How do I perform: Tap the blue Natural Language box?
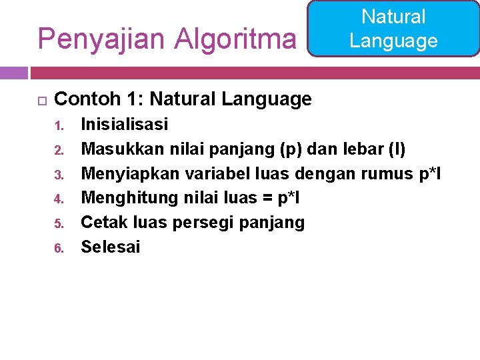[x=393, y=28]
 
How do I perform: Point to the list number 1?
[x=59, y=125]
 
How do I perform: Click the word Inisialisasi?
[x=124, y=124]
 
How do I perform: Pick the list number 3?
[x=59, y=175]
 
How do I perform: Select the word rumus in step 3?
[x=387, y=173]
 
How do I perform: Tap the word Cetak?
[x=101, y=223]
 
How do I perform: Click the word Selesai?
[x=111, y=247]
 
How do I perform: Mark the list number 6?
[x=59, y=249]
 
